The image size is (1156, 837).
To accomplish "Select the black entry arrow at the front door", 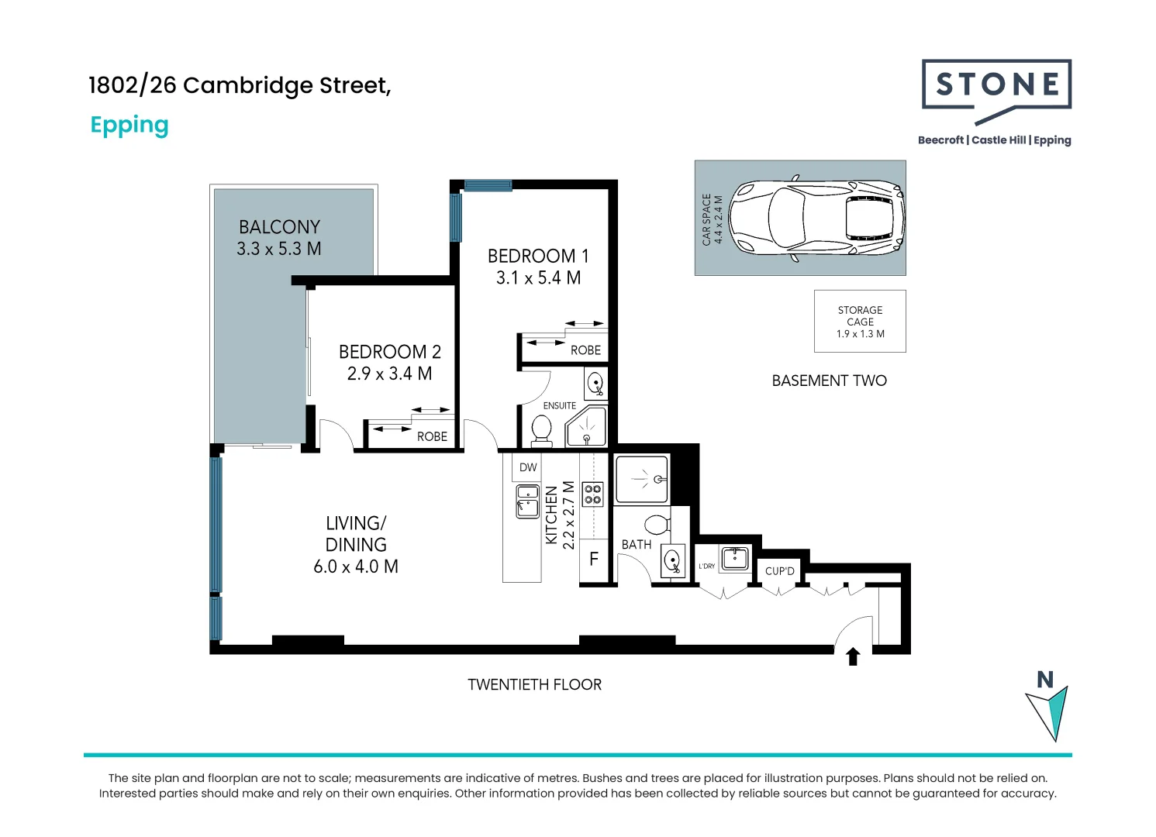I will pos(853,656).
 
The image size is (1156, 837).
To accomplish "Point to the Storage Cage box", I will pos(860,321).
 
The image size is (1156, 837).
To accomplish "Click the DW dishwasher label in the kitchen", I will pos(528,467).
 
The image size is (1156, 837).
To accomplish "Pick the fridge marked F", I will pos(594,559).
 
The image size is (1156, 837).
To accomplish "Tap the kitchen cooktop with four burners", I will pos(593,494).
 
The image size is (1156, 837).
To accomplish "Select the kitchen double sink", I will pos(528,501).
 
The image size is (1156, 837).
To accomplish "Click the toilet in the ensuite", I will pos(541,429).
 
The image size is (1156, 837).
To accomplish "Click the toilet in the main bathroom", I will pos(657,525).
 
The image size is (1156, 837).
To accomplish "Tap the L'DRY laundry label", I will pos(706,567).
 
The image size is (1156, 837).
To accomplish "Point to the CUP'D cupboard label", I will pos(779,571).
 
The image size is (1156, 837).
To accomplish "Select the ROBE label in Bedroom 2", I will pos(432,437).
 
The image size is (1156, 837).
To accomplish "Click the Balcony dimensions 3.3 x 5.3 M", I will pos(279,249).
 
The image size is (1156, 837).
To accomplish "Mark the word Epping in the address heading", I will pos(129,126).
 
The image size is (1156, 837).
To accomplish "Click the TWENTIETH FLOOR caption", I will pos(534,684).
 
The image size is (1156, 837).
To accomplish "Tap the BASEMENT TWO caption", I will pos(829,381).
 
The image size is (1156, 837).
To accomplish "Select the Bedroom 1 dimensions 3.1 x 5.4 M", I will pos(538,277).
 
